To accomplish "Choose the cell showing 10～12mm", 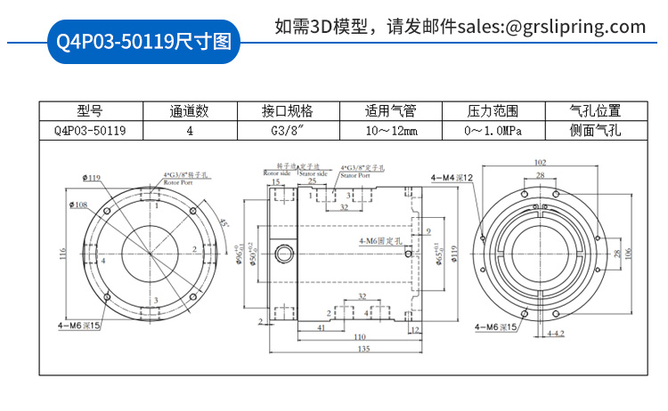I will [391, 130].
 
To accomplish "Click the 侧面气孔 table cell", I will [595, 130].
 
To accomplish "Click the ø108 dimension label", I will [79, 205].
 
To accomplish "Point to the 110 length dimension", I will [360, 337].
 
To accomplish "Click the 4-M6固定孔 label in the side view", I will [381, 241].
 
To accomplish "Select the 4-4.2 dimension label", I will [555, 333].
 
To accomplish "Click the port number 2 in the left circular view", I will [195, 248].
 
